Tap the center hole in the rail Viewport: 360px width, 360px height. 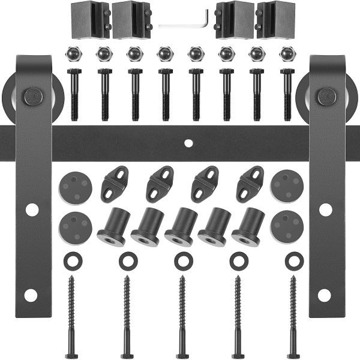tap(188, 143)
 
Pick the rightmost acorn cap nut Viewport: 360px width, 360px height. tap(287, 55)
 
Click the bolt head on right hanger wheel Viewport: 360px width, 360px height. tap(326, 97)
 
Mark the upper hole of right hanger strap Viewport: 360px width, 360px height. tap(325, 209)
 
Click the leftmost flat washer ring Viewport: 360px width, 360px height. tap(71, 261)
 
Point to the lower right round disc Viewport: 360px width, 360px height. tap(287, 227)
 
